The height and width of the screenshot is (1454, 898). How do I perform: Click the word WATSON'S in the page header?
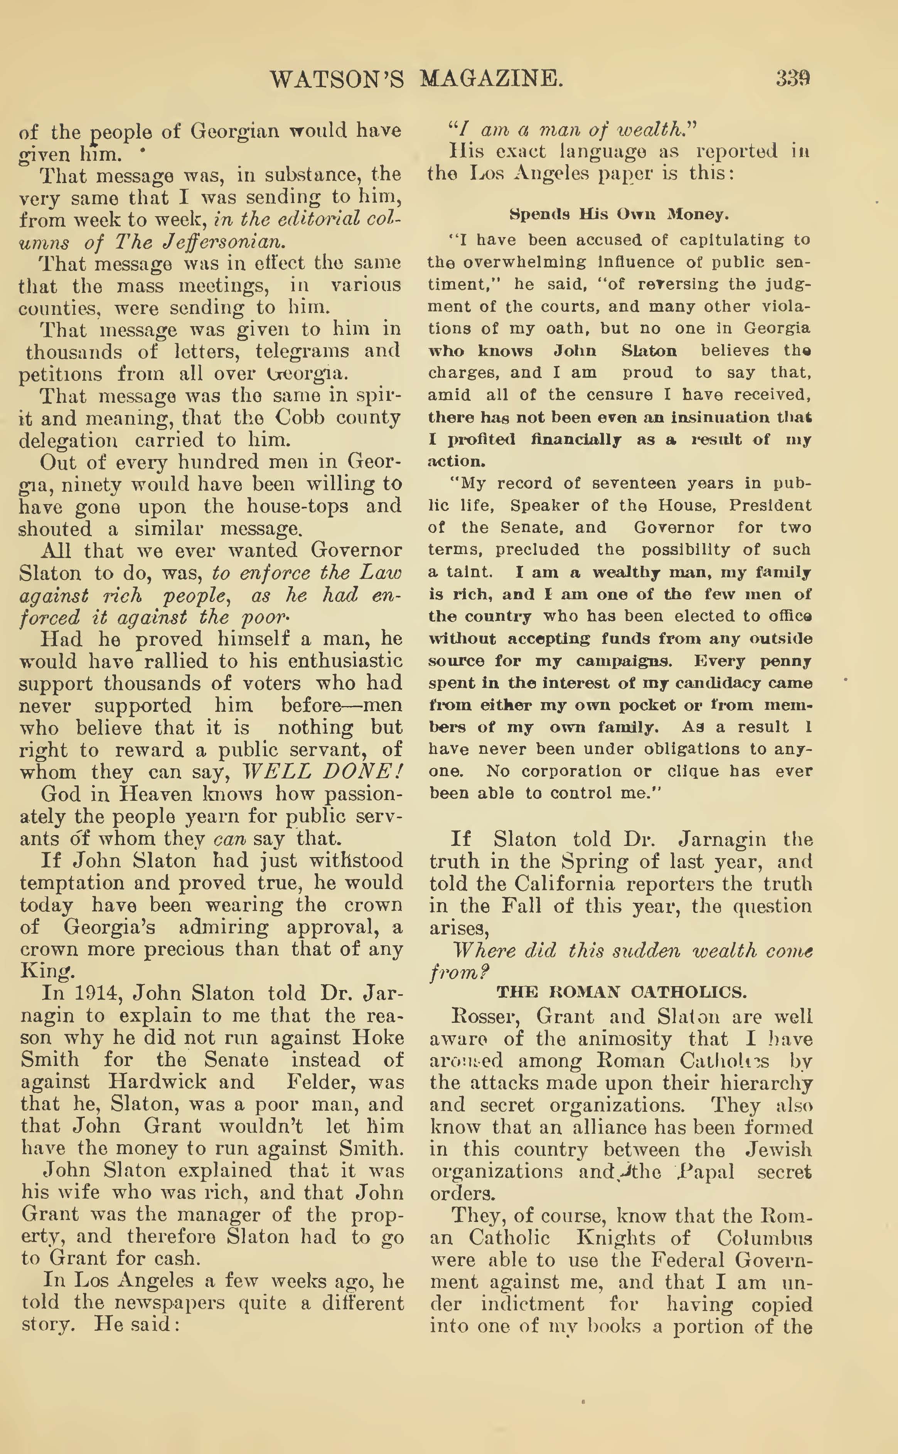(x=337, y=79)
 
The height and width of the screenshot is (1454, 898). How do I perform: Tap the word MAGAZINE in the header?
(x=491, y=79)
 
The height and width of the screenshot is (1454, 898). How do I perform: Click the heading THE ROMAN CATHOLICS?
(x=621, y=992)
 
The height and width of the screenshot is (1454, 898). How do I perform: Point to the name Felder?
(x=321, y=1081)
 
